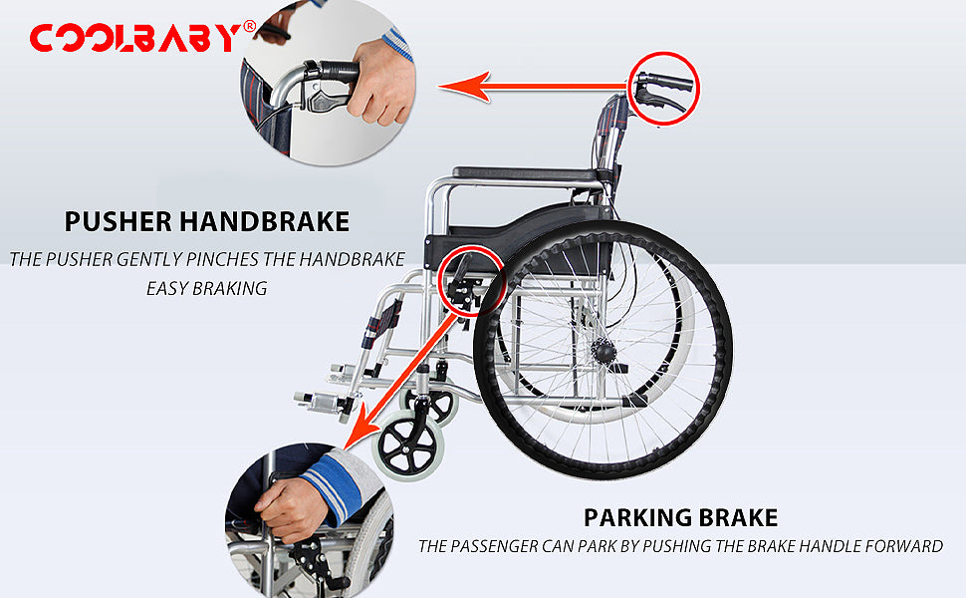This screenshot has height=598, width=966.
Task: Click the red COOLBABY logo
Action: click(x=134, y=38)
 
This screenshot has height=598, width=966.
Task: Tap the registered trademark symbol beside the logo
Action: click(x=250, y=26)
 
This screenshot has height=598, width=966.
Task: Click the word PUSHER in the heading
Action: click(x=119, y=221)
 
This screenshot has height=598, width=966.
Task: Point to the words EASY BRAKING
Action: click(x=207, y=288)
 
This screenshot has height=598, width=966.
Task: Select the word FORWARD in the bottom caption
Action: click(x=904, y=546)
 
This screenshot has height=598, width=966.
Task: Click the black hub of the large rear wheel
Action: click(x=604, y=352)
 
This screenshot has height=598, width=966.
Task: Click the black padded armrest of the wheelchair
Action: click(x=527, y=173)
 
